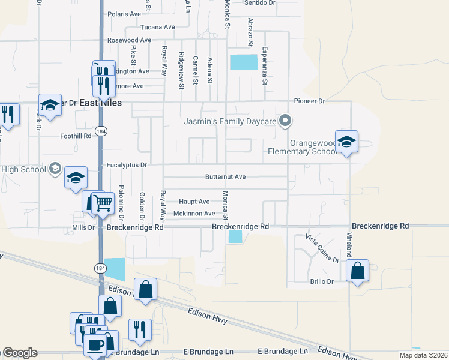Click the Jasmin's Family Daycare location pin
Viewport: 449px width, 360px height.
point(286,121)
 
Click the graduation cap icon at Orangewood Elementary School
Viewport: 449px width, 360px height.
point(346,142)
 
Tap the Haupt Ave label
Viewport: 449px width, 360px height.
point(194,202)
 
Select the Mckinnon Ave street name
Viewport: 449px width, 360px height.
point(194,214)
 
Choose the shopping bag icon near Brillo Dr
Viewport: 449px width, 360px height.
point(358,271)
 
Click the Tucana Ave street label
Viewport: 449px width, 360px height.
point(157,27)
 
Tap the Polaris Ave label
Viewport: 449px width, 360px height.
point(123,13)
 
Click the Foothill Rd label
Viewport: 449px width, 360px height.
point(76,136)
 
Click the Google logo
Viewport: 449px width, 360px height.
point(20,353)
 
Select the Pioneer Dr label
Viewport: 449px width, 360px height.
point(309,101)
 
